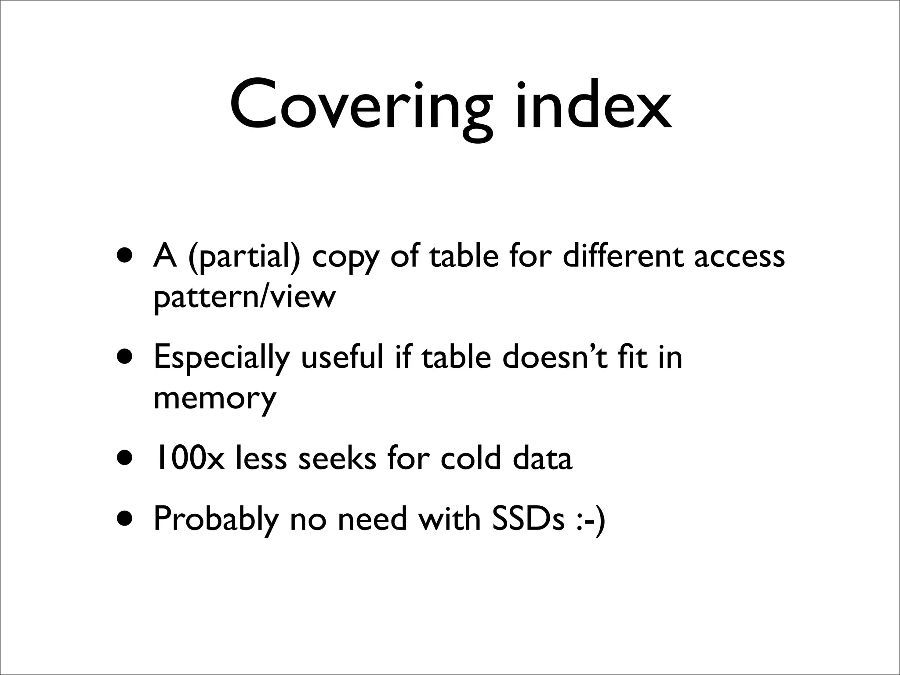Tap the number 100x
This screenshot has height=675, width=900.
(x=189, y=458)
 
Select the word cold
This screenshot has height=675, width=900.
(x=471, y=458)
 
